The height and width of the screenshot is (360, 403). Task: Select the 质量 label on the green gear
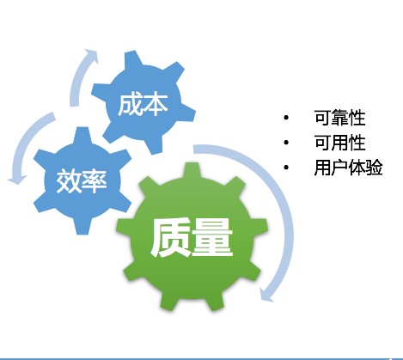point(191,237)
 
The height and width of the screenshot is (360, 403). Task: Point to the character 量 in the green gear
point(212,237)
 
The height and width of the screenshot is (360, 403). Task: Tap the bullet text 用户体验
point(348,168)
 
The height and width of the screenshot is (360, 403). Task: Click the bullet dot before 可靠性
point(286,118)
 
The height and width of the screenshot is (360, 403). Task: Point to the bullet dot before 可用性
point(286,143)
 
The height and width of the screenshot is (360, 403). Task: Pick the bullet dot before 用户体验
point(286,168)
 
